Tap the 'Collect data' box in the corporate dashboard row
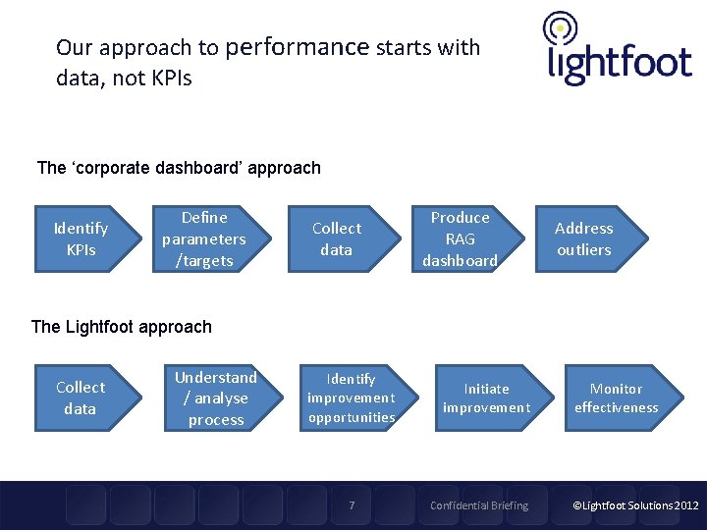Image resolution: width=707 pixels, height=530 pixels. click(x=336, y=239)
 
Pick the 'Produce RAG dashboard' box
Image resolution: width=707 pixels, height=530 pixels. click(x=460, y=239)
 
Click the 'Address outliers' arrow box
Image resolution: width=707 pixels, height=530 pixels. click(x=585, y=239)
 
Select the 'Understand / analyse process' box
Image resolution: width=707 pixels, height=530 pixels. click(x=214, y=398)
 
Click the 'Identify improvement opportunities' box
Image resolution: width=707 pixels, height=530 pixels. click(x=352, y=398)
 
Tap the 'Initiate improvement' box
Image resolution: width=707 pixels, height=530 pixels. click(x=486, y=398)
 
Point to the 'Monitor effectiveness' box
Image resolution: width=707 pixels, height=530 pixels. click(x=616, y=398)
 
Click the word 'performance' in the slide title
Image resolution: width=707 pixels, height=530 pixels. click(x=297, y=47)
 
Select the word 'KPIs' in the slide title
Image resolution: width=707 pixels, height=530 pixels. click(x=171, y=79)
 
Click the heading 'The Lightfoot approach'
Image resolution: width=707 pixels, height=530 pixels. click(x=122, y=327)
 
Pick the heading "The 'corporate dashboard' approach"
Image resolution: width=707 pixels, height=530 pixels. click(x=179, y=168)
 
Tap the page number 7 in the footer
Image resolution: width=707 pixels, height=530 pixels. click(x=353, y=505)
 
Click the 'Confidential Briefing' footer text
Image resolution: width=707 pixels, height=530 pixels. click(x=479, y=505)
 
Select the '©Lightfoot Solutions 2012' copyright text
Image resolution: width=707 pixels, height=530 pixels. click(x=635, y=505)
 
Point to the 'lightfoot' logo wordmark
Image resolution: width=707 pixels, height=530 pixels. click(x=620, y=64)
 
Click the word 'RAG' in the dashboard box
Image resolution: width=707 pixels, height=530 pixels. click(x=460, y=239)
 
